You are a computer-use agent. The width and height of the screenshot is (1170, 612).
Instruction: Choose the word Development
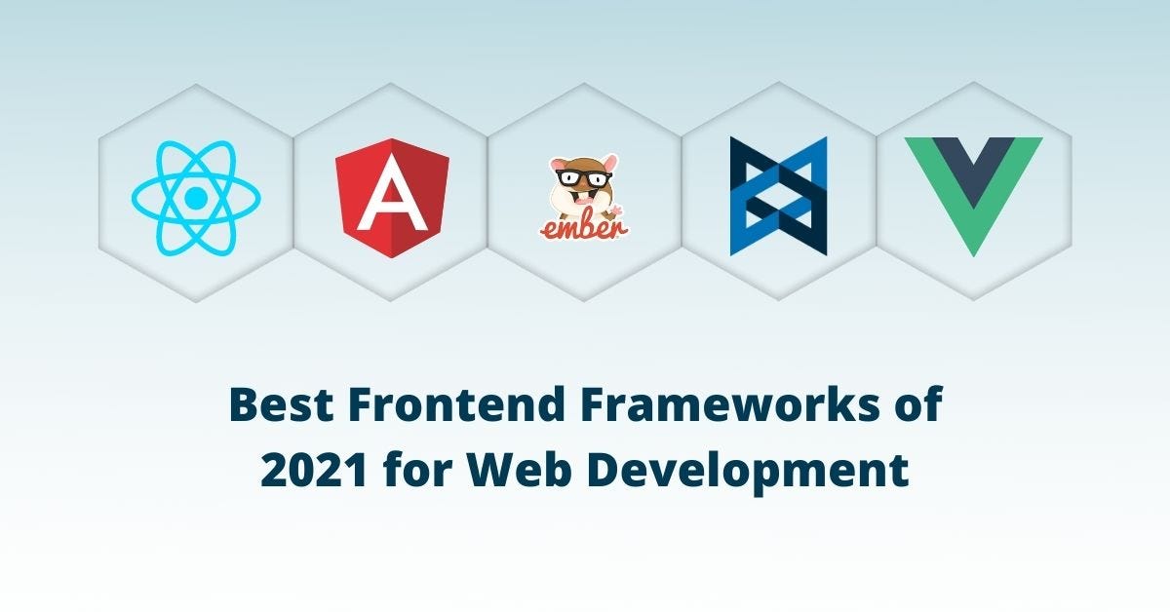coord(740,473)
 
